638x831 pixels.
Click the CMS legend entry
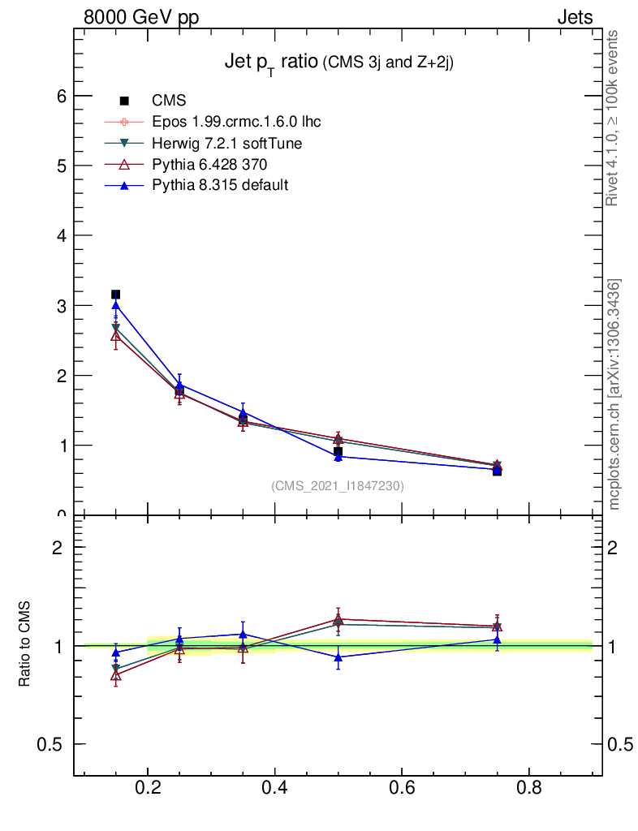(169, 101)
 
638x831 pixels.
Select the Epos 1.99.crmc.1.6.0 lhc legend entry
(236, 122)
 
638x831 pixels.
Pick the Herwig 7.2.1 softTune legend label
(227, 143)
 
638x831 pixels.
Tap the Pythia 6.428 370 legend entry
(209, 164)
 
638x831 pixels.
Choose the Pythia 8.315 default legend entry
(220, 185)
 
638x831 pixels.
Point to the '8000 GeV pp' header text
(141, 17)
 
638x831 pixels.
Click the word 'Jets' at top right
(575, 17)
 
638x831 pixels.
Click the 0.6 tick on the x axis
(402, 786)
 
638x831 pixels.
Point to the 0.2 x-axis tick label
(148, 786)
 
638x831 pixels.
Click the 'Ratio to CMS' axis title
(25, 644)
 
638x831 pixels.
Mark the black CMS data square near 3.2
(115, 294)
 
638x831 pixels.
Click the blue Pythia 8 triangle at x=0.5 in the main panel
(338, 456)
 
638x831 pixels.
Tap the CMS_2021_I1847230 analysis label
(338, 486)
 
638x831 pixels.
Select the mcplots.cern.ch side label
(614, 394)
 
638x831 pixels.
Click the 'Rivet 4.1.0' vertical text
(614, 118)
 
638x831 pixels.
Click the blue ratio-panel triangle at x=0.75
(497, 639)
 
